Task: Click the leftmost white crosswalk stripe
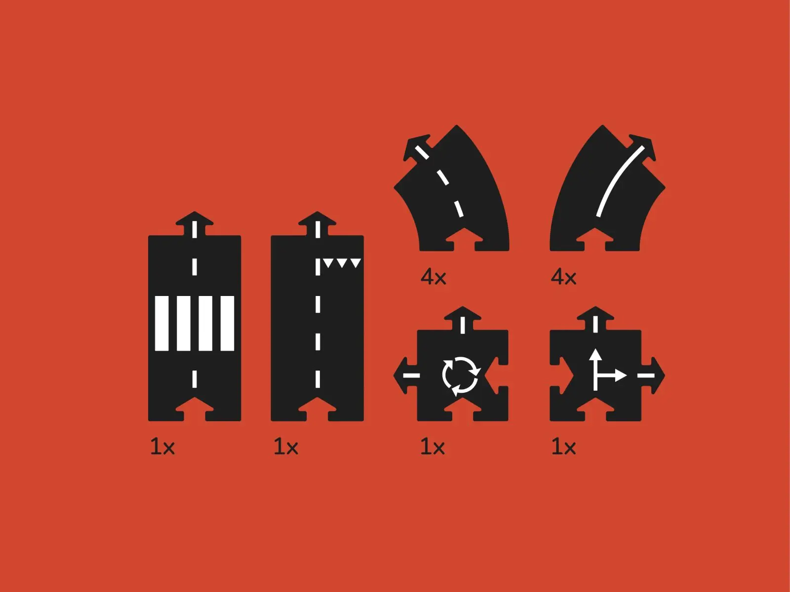(x=161, y=323)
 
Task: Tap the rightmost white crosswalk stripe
(x=227, y=323)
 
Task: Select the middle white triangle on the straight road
(x=342, y=263)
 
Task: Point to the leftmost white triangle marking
(x=328, y=263)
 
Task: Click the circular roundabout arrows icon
(x=461, y=376)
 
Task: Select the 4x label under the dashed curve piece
(x=434, y=277)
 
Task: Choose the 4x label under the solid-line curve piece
(x=563, y=277)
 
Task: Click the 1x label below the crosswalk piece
(x=162, y=447)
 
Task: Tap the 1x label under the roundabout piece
(x=433, y=447)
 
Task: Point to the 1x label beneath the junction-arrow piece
(x=564, y=447)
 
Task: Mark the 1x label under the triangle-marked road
(x=286, y=447)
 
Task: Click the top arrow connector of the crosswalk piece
(x=195, y=224)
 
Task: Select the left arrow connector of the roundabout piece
(x=406, y=375)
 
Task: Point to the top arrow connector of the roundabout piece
(x=463, y=319)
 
